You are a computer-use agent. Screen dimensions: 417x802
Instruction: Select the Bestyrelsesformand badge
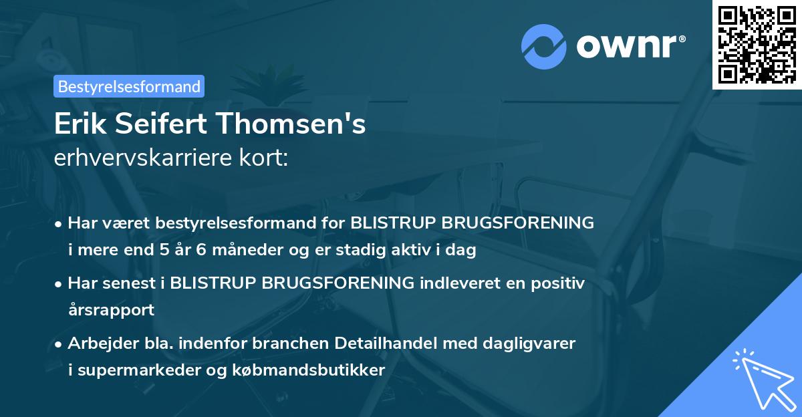click(x=129, y=86)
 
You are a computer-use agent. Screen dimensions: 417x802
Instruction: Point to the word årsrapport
click(x=111, y=309)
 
